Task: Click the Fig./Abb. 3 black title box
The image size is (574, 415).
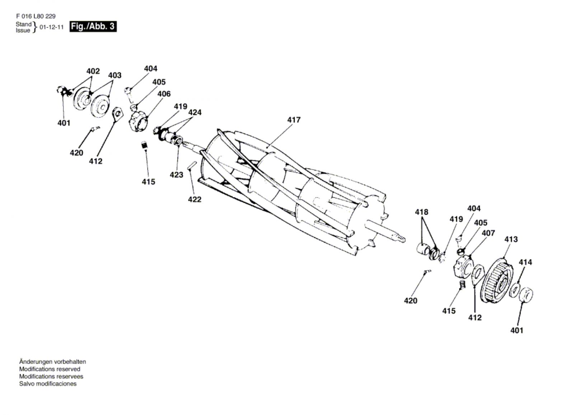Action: [93, 27]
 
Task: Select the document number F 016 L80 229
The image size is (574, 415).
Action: [36, 17]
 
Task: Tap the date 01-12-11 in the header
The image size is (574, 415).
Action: [52, 27]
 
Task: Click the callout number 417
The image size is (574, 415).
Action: [294, 120]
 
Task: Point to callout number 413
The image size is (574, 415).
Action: [511, 239]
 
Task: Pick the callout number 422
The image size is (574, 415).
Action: [194, 199]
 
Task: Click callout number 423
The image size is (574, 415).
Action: [177, 175]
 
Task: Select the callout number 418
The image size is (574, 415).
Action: [422, 212]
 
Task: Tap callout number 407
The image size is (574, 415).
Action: [488, 233]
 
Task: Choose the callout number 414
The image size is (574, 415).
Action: [526, 262]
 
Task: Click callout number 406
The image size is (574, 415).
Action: [164, 94]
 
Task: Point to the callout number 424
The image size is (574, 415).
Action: [195, 112]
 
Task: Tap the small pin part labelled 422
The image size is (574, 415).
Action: [192, 165]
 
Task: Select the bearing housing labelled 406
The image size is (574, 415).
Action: [138, 122]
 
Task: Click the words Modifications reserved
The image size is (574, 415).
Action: [50, 369]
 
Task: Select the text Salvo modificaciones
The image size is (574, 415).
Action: [48, 384]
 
